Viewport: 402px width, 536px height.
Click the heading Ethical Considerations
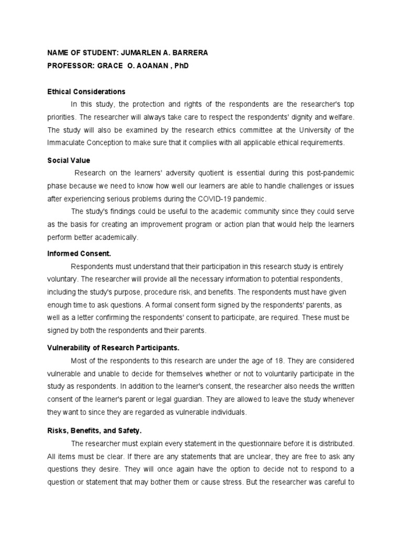coord(86,92)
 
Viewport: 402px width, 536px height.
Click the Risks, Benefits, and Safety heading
coord(94,431)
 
